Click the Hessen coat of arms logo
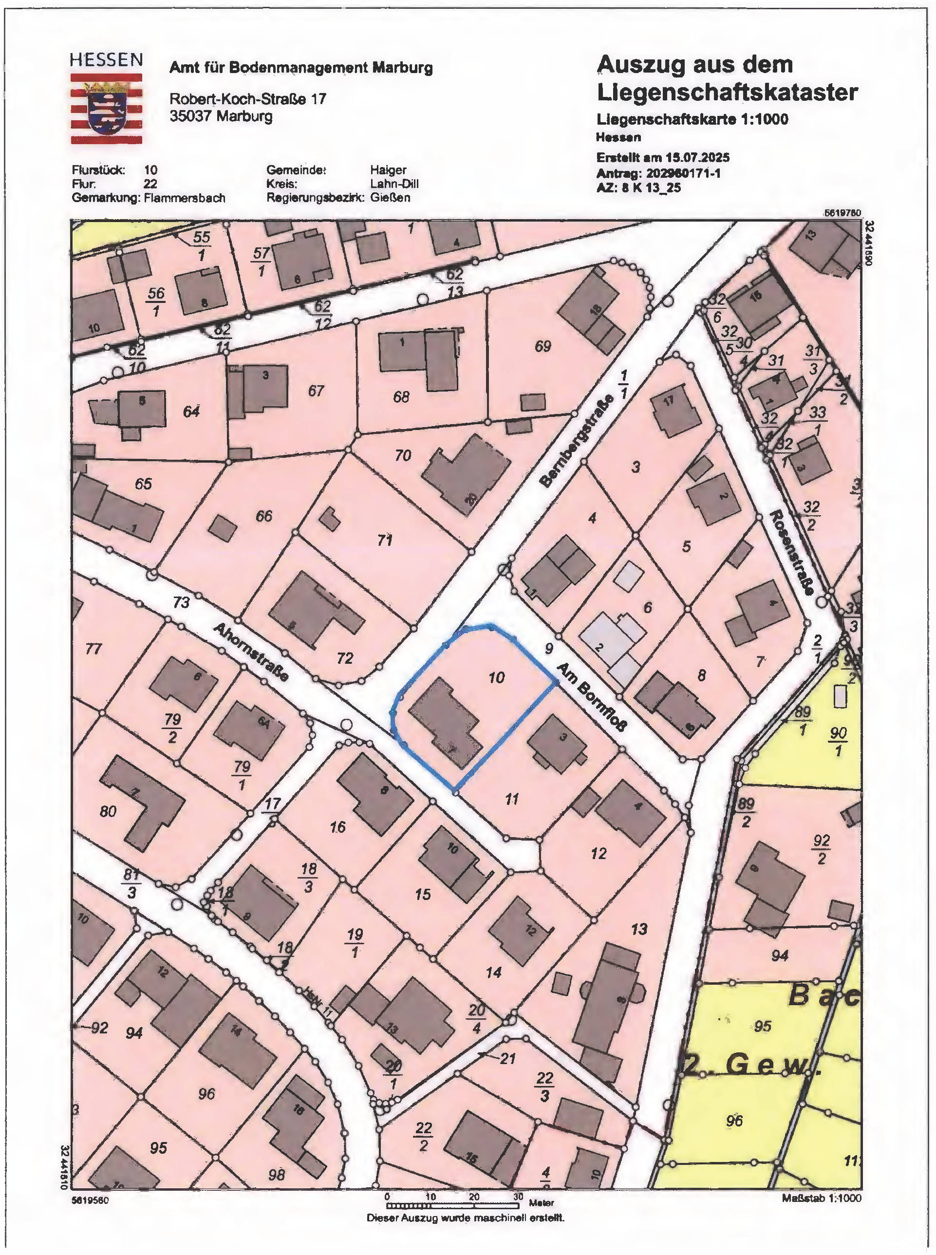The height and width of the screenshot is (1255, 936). point(106,108)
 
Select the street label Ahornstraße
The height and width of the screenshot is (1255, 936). point(251,652)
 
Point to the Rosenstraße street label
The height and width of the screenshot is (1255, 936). point(791,552)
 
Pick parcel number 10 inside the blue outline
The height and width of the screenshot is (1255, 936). point(496,677)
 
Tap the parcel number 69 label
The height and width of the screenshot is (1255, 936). point(542,346)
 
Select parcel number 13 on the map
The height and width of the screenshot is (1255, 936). point(639,929)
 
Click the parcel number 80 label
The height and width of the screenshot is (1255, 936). point(108,811)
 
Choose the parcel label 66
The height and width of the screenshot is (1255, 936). point(263,516)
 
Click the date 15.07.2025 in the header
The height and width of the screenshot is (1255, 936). point(697,157)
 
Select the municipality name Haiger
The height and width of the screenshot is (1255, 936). point(388,169)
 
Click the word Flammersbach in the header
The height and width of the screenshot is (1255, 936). point(185,198)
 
